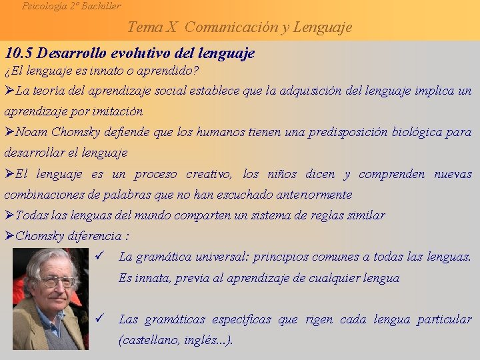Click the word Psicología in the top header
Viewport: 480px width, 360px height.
(x=45, y=6)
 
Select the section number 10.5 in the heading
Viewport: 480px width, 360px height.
(x=19, y=53)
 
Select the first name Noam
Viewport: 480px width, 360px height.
(x=31, y=132)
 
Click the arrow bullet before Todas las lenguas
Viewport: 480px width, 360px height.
(x=9, y=215)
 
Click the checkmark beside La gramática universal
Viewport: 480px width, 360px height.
(x=99, y=256)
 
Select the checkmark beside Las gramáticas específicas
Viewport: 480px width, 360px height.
(x=99, y=319)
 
